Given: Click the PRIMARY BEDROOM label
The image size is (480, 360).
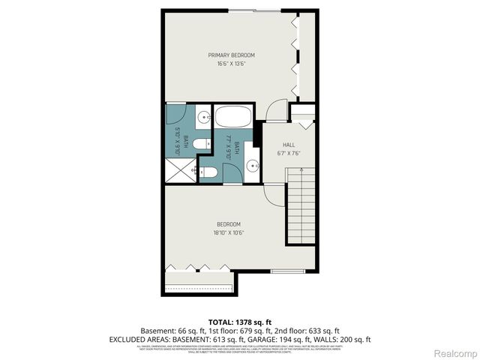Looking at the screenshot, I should point(231,55).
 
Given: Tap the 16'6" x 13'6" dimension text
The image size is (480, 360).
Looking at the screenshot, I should point(231,64).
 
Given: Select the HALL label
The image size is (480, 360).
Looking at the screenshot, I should point(288,145).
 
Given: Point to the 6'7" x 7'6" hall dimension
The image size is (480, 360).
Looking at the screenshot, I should point(288,153).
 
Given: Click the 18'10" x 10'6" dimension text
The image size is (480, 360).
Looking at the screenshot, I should point(229,232).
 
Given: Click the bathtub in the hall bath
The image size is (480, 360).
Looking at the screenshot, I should point(234,118).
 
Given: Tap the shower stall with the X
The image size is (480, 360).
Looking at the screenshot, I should point(181,172).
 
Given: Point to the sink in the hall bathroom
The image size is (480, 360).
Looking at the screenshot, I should point(252,164).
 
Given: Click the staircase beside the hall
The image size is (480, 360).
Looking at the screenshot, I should point(302,206).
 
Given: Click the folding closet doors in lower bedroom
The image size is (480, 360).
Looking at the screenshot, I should point(199,266).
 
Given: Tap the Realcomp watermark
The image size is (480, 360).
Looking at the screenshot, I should point(456,352).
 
